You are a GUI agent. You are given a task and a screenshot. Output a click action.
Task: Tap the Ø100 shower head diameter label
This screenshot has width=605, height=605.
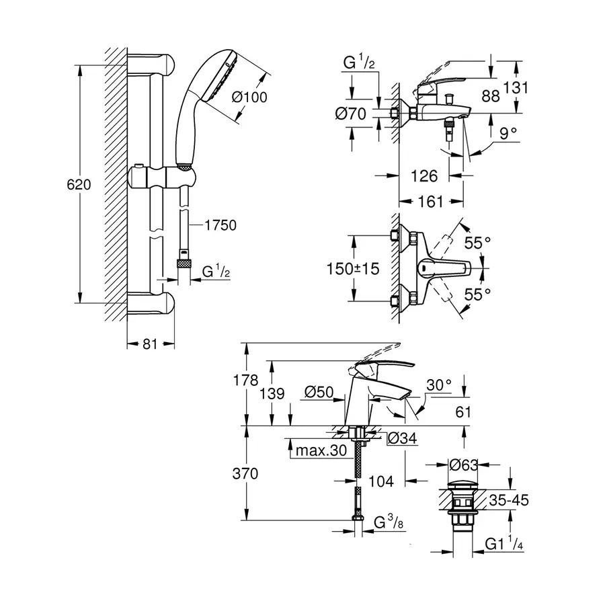coord(249,97)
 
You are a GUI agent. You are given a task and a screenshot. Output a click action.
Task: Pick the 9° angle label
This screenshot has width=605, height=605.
coord(509,134)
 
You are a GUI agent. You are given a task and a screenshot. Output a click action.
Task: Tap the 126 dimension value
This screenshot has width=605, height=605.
coord(424,176)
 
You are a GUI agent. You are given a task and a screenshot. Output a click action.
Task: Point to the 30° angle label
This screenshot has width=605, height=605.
coord(438,385)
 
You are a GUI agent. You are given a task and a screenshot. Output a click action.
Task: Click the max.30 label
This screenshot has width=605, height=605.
coord(319,450)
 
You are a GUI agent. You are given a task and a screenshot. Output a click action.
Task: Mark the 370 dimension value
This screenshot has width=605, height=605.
coord(245,473)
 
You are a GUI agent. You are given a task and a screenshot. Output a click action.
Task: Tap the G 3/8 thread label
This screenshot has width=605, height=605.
coord(389,522)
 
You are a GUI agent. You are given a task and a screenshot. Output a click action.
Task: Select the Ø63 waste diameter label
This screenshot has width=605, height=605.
coord(465,464)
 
